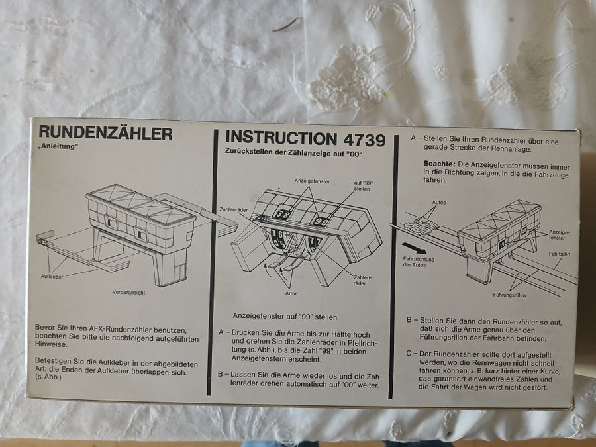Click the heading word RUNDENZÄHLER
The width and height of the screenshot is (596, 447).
(105, 133)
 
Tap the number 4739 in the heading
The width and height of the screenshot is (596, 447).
(364, 140)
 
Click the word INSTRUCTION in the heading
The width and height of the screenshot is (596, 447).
(281, 138)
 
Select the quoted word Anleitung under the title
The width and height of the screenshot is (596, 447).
(58, 147)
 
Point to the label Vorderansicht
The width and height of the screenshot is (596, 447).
(128, 292)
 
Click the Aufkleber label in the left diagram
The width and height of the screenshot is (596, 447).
(52, 276)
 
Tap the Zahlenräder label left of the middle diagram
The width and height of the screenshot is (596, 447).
(234, 209)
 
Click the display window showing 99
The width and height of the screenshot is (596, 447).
(321, 221)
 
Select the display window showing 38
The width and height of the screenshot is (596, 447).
(283, 214)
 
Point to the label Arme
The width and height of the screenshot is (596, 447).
(291, 293)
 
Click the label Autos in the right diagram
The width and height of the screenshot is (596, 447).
(439, 202)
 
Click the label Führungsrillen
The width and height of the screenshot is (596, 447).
(509, 295)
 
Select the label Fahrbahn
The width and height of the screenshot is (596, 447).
(559, 254)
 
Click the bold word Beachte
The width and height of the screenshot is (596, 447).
(439, 163)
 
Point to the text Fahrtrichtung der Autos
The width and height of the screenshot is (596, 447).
(419, 262)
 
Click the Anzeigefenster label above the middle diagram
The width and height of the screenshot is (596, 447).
(312, 181)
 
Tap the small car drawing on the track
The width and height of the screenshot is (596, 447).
(421, 226)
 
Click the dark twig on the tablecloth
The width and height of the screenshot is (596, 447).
(286, 25)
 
